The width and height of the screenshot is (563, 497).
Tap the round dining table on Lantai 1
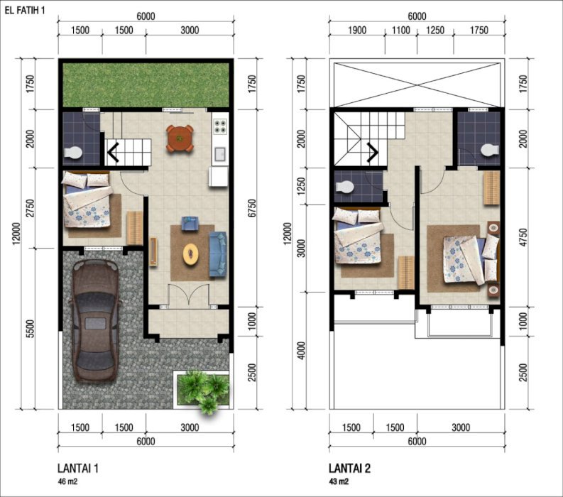(180, 138)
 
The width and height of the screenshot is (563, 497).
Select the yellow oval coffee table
(190, 254)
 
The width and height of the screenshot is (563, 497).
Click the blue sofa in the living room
(217, 254)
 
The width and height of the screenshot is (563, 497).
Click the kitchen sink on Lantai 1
(220, 154)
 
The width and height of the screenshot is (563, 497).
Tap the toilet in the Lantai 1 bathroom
(73, 153)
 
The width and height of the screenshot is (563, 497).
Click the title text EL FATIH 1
(25, 10)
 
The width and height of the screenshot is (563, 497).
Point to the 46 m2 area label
(67, 481)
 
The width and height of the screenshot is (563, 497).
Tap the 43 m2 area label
(339, 481)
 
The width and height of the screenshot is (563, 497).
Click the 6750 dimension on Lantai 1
(252, 208)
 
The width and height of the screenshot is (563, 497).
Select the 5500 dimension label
(31, 329)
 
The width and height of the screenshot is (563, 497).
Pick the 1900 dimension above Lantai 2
(357, 30)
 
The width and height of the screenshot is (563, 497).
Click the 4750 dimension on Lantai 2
(523, 237)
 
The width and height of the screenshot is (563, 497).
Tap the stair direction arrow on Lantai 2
(372, 152)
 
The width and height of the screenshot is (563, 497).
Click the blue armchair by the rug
(190, 223)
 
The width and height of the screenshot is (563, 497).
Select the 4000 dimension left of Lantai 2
(302, 351)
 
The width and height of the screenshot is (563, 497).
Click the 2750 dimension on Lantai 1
(31, 208)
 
